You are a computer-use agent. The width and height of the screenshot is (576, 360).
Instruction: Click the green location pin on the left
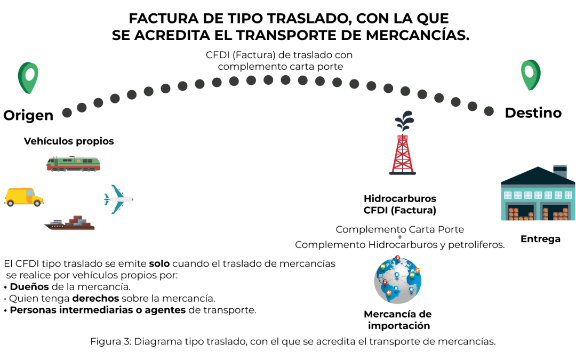click(x=28, y=77)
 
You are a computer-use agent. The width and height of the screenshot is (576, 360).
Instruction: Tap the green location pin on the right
click(x=531, y=74)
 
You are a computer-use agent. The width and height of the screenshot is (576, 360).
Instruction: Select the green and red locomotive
click(x=73, y=164)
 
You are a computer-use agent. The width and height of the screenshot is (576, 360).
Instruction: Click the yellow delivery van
click(x=23, y=196)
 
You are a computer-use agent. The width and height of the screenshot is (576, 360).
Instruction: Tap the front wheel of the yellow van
click(x=37, y=203)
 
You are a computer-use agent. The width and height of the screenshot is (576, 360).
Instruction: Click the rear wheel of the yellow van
click(x=11, y=203)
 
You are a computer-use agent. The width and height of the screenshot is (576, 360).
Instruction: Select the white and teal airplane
click(x=118, y=199)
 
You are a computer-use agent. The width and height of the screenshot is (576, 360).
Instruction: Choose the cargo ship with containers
click(x=70, y=223)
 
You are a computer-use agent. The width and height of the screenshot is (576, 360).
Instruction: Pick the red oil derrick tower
click(x=403, y=154)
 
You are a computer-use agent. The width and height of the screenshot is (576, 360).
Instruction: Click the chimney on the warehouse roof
click(x=560, y=171)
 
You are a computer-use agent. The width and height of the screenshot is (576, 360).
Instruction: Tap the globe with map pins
click(x=398, y=280)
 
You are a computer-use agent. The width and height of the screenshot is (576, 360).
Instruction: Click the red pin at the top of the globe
click(x=398, y=258)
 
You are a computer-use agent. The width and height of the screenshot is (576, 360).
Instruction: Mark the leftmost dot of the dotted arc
click(x=67, y=113)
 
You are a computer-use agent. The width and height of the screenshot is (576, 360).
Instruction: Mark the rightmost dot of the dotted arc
click(x=489, y=111)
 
